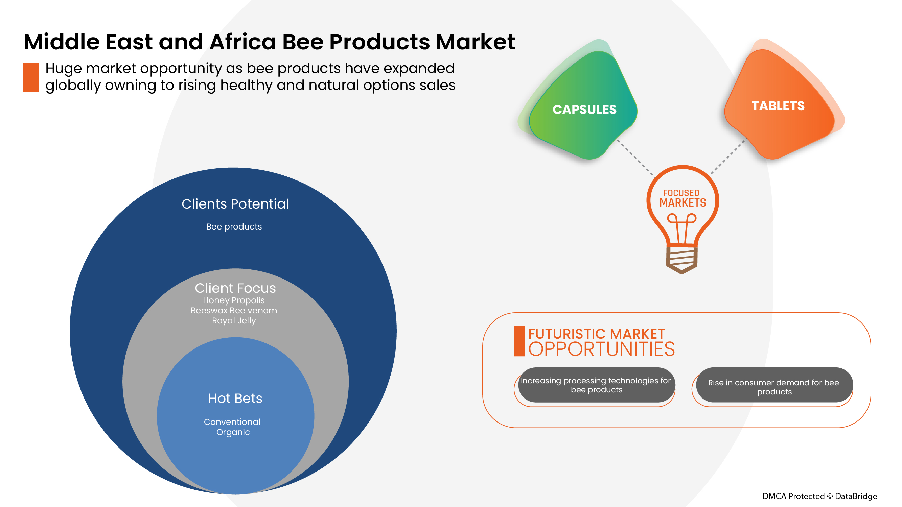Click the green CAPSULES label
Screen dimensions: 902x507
584,110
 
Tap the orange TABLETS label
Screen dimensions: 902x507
778,106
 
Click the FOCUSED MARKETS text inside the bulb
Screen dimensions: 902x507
683,198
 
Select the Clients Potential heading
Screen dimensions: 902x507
235,204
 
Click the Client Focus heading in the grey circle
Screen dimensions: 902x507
235,288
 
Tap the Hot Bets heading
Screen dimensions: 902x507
235,398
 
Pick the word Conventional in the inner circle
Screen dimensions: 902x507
232,421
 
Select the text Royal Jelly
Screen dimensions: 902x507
234,321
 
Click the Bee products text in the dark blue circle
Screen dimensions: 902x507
234,227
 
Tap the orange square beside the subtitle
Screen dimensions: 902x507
31,77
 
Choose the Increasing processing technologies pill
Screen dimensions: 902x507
596,385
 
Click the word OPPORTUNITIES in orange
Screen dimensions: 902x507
601,349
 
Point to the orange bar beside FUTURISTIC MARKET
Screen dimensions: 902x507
519,341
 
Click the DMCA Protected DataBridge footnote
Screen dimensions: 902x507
819,496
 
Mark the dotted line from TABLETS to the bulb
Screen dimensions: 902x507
728,156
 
